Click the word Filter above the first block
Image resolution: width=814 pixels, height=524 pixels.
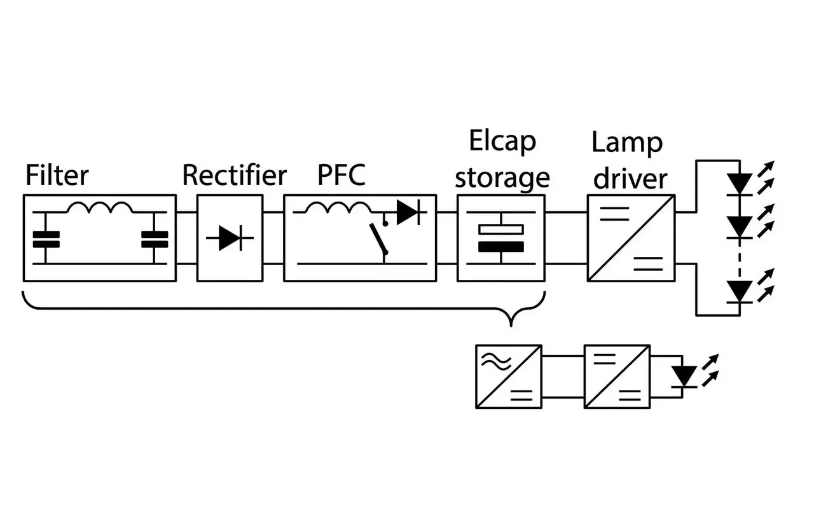point(57,175)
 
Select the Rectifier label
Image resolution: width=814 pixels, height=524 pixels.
point(234,175)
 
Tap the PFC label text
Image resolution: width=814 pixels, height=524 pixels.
point(341,175)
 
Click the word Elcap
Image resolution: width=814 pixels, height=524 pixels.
point(502,142)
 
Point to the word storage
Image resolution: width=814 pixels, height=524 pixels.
point(502,178)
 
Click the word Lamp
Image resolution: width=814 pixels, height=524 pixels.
point(627,142)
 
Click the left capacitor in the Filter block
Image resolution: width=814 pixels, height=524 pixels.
point(46,239)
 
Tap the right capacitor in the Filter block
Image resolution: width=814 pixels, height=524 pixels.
point(155,239)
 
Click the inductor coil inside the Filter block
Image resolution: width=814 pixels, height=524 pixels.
point(100,208)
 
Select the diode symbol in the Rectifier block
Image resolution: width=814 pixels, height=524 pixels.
point(229,238)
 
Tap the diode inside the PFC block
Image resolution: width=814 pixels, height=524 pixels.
point(407,212)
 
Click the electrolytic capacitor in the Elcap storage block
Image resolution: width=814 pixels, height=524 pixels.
point(501,238)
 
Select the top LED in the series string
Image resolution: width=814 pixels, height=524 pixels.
point(739,183)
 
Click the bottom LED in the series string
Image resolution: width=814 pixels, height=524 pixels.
point(739,291)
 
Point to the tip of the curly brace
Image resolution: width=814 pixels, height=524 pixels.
point(511,325)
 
